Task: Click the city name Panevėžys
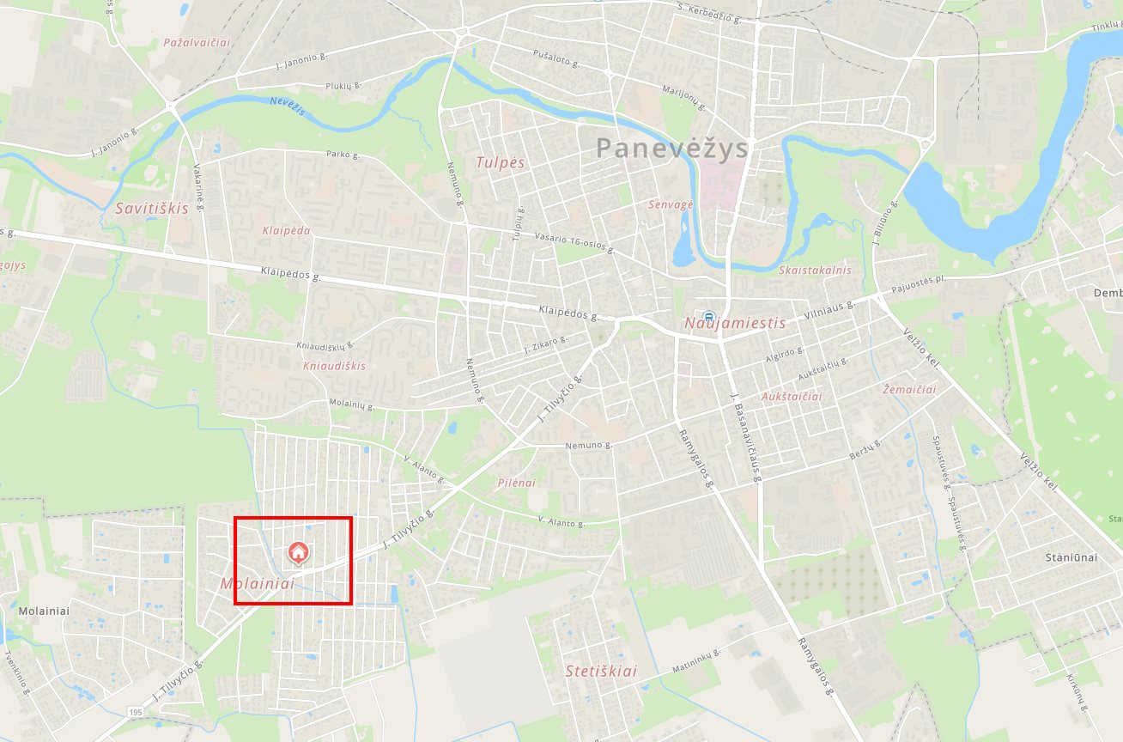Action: point(672,149)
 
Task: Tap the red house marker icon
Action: point(298,553)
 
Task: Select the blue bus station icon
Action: point(708,316)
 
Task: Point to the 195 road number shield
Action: point(136,713)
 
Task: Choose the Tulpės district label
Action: point(500,162)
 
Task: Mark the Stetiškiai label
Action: point(601,672)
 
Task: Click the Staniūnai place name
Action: point(1071,557)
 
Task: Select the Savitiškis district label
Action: point(152,209)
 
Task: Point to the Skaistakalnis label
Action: point(815,270)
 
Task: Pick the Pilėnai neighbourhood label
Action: point(516,483)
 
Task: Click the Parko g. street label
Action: point(343,155)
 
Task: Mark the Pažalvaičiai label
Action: point(197,42)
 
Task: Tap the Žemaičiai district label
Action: point(909,390)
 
